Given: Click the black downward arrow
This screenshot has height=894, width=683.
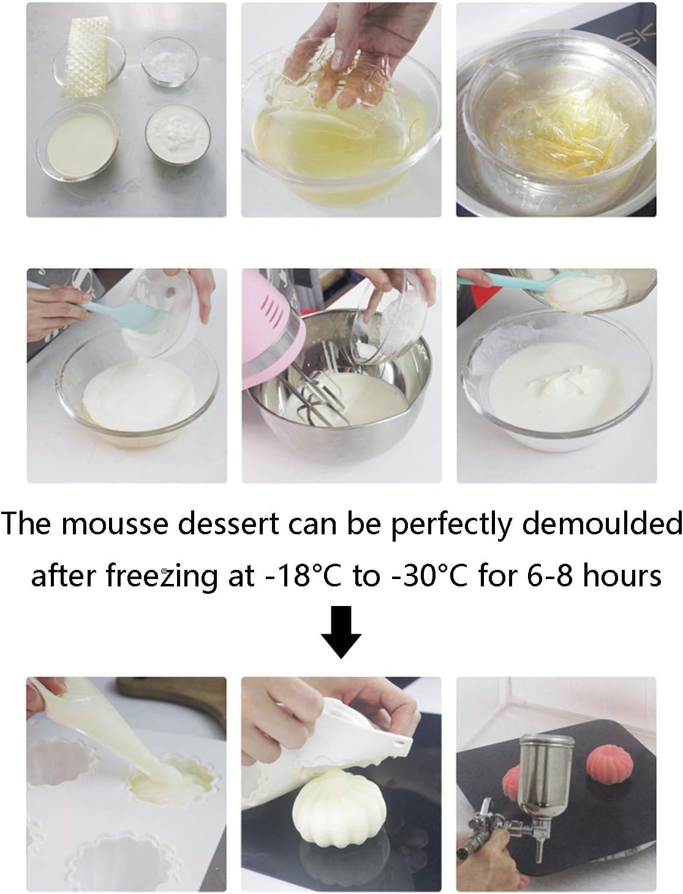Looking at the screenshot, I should click(x=341, y=631).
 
